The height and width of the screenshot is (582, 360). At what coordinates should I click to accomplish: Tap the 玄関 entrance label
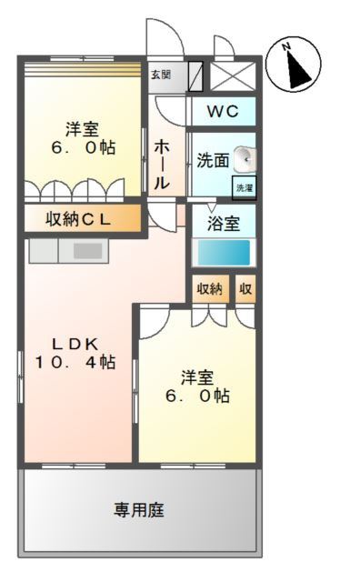[161, 75]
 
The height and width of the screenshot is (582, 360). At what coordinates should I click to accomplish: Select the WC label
[222, 112]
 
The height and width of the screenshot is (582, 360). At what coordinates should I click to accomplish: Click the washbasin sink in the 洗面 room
[245, 159]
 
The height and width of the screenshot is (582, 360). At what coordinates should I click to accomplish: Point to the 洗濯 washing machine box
[245, 187]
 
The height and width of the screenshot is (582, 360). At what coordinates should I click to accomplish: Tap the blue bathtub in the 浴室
[224, 252]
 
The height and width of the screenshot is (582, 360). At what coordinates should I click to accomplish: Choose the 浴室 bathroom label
[223, 221]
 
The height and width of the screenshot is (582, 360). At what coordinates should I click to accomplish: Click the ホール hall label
[161, 164]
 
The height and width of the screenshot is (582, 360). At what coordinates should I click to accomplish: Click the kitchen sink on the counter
[87, 249]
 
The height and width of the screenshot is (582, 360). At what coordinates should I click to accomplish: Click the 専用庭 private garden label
[138, 509]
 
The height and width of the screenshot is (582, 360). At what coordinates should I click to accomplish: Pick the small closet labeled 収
[245, 289]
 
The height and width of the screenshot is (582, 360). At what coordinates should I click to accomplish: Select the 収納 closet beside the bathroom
[209, 289]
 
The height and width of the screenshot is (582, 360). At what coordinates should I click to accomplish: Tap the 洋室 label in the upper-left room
[81, 128]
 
